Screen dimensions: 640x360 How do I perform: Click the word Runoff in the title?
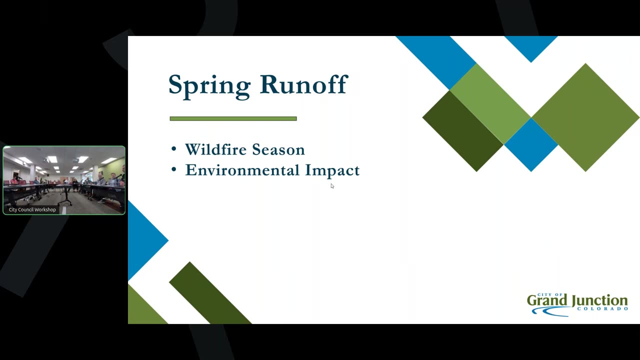coord(304,84)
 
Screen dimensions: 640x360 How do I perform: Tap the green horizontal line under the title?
coord(233,118)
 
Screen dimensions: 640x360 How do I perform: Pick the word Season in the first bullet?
coord(278,149)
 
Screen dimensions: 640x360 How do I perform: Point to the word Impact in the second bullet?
coord(332,171)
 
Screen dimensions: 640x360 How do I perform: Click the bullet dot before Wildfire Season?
coord(173,149)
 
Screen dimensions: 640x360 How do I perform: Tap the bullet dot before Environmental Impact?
coord(173,169)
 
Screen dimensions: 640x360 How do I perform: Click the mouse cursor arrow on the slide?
coord(332,185)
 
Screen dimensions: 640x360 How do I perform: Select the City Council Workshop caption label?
coord(32,209)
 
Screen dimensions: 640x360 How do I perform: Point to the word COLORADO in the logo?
coord(602,309)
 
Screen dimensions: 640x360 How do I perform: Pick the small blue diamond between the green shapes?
coord(531,145)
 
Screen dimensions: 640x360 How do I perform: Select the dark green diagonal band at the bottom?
coord(210,293)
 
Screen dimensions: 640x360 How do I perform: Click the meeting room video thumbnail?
coord(64,180)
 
